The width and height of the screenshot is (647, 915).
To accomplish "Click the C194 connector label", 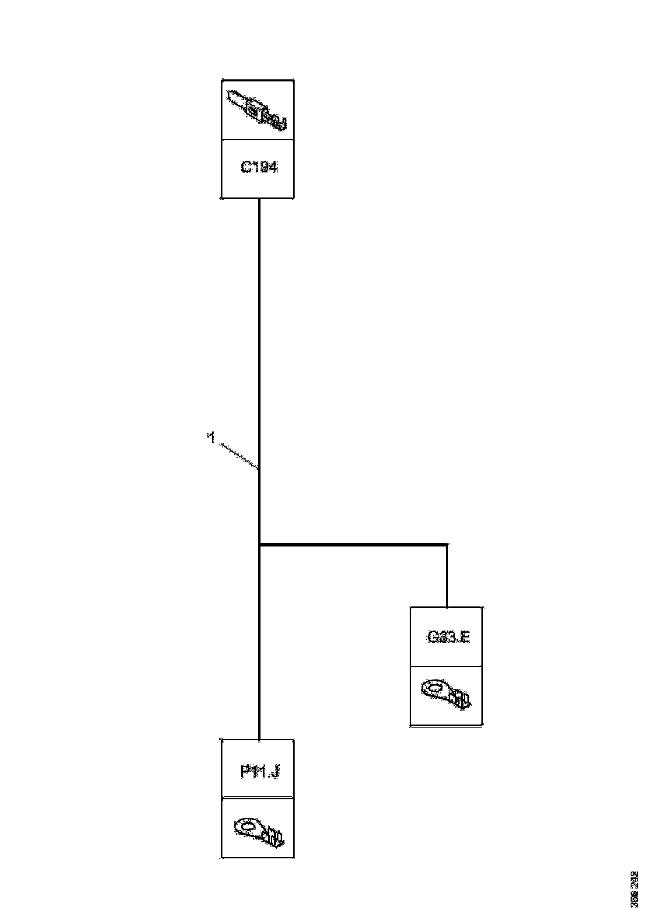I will tap(259, 168).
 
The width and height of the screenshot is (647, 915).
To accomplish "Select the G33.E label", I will tap(449, 637).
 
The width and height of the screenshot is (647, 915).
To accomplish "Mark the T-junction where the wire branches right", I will tap(260, 544).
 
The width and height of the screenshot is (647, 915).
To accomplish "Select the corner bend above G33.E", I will tap(446, 544).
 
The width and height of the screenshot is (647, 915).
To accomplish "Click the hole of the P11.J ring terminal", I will tap(248, 825).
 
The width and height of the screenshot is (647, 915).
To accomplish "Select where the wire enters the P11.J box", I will tap(260, 740).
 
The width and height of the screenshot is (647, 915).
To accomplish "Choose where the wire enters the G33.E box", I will tap(447, 607).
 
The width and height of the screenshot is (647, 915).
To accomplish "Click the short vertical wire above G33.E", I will tap(447, 576).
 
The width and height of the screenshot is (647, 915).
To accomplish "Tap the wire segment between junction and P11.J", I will tap(260, 642).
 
